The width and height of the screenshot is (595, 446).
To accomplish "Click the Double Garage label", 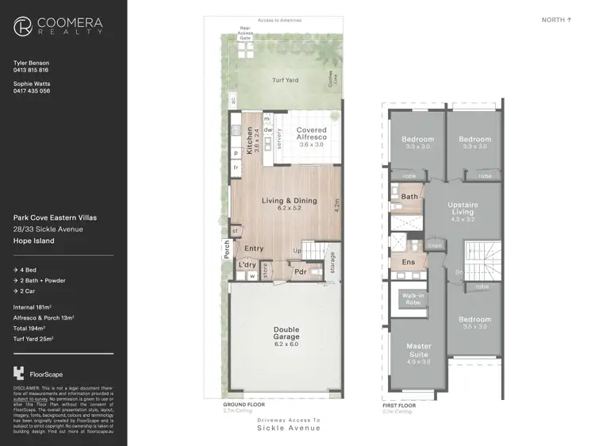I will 286,333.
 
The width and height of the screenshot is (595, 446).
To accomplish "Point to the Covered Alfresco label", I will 312,133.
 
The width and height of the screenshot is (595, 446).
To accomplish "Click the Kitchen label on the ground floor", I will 249,140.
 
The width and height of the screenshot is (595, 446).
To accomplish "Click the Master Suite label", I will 419,350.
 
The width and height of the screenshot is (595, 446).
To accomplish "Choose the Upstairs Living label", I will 463,209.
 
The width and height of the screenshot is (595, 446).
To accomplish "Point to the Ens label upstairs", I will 409,262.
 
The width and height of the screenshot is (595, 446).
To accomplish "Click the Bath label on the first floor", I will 409,197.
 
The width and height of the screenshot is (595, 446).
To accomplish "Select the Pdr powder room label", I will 301,271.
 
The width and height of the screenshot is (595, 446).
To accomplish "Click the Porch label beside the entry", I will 226,250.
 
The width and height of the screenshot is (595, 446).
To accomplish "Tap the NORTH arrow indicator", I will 556,20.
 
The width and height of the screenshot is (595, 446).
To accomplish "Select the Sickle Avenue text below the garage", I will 289,429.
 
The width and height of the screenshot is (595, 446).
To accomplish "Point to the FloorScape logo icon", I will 19,373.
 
